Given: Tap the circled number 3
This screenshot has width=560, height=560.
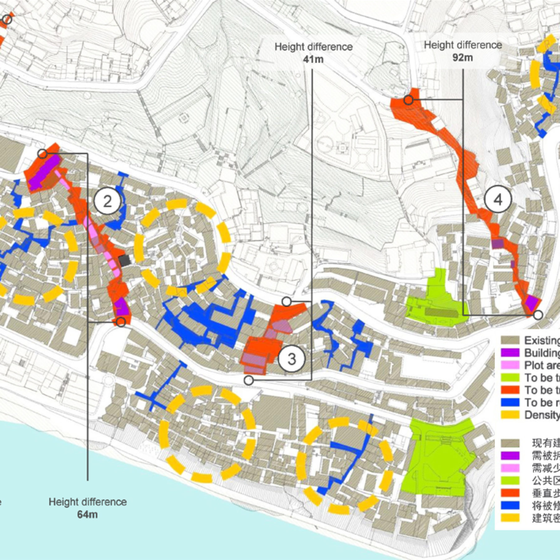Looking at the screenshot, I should click(291, 359).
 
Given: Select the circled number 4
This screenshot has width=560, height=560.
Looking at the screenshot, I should click(498, 199).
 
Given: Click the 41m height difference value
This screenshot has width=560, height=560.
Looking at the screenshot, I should click(313, 59).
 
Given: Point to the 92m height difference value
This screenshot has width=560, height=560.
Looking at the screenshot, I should click(463, 58).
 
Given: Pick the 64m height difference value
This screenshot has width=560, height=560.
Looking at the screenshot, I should click(87, 514).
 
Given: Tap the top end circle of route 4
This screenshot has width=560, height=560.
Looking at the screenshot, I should click(408, 100).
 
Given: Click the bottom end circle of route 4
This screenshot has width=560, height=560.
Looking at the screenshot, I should click(538, 315).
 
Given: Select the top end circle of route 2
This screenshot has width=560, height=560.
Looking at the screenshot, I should click(43, 154).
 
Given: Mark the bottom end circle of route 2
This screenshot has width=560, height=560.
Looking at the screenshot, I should click(121, 322).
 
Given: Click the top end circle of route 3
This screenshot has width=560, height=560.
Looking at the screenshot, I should click(287, 301).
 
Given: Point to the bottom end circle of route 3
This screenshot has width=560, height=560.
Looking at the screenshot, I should click(249, 380).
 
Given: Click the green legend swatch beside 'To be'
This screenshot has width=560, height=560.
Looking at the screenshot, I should click(510, 378).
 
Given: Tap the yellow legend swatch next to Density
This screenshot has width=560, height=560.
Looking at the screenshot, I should click(510, 415).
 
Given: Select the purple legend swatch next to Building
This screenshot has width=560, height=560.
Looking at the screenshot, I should click(510, 353).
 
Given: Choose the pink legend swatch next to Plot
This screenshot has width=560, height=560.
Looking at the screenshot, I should click(510, 365).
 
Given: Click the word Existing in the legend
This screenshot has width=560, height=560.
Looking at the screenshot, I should click(541, 340).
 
